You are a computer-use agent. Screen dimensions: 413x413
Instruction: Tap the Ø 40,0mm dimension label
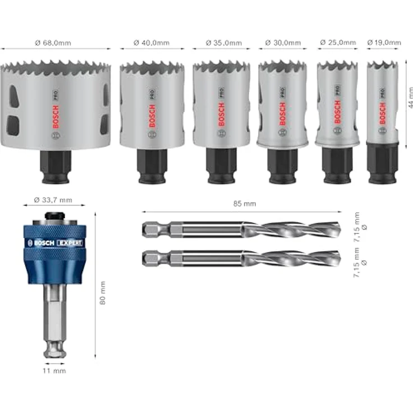152,43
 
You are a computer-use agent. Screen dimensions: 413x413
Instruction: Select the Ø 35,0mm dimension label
224,43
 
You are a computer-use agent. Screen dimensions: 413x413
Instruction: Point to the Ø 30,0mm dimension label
283,43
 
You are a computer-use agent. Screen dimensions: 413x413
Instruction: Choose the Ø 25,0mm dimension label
337,43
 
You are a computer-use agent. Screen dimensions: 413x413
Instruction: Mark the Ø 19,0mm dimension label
384,43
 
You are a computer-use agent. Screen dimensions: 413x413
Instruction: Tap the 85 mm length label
241,205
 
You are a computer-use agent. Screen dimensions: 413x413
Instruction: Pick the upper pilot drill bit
241,230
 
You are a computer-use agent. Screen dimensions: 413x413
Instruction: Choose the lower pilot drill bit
241,259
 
